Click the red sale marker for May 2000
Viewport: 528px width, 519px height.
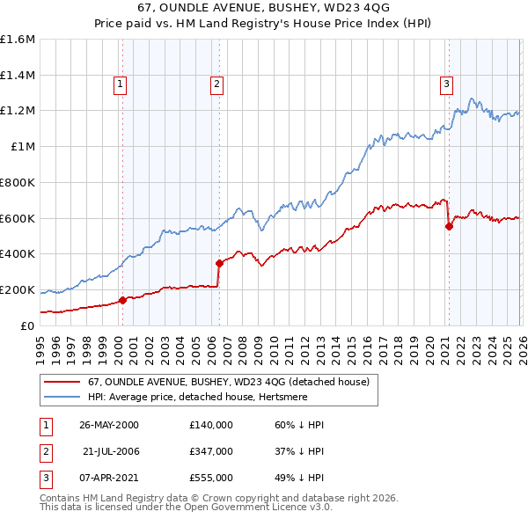122,300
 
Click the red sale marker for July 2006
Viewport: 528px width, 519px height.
219,262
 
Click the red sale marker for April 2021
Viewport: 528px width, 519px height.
449,226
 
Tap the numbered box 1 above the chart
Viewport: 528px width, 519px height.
120,84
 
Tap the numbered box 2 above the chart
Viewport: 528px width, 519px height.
216,84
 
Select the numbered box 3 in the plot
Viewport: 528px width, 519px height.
446,84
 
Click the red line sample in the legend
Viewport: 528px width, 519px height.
62,382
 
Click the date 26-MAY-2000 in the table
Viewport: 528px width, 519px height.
109,425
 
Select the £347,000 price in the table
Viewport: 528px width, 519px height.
210,451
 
